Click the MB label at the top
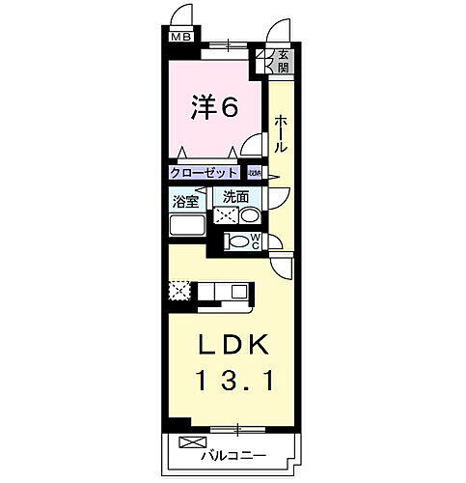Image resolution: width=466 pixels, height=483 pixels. (x=180, y=38)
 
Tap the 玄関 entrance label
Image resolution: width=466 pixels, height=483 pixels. (x=284, y=63)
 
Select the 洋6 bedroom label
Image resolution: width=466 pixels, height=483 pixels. (x=213, y=107)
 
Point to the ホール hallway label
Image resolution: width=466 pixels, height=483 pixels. (x=280, y=134)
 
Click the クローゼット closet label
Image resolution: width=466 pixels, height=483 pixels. (x=203, y=172)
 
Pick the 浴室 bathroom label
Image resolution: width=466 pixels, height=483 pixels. (x=185, y=203)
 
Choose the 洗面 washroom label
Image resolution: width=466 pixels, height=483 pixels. (x=235, y=197)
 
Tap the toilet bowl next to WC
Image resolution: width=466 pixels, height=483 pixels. (x=236, y=241)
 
